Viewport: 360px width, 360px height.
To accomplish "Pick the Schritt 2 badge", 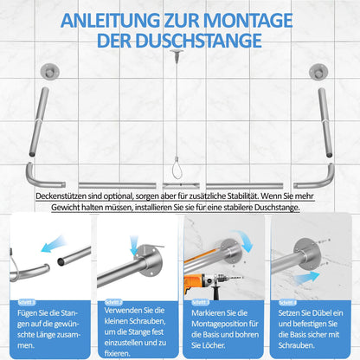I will [x=114, y=302].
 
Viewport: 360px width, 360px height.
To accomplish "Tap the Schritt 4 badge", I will [x=289, y=302].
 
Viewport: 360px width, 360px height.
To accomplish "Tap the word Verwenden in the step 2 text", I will [x=123, y=311].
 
